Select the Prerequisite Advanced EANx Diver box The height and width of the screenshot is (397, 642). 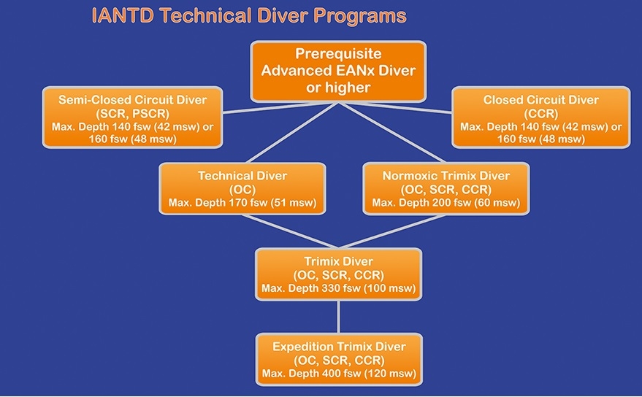point(338,72)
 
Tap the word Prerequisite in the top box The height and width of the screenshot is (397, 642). point(338,53)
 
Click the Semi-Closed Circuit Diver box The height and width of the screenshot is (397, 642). point(133,117)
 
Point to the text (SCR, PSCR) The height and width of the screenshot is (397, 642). point(133,113)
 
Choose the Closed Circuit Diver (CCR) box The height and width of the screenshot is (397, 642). point(541,117)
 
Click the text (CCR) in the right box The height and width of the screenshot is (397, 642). point(541,113)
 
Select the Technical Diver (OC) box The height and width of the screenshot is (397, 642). point(242,189)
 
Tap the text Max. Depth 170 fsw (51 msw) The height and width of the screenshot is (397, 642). point(242,203)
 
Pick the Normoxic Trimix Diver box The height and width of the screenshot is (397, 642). point(446,189)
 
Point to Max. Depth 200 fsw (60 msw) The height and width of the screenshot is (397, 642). point(446,203)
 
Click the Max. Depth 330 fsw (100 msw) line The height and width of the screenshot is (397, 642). point(339,288)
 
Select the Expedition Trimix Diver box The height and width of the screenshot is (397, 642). point(339,360)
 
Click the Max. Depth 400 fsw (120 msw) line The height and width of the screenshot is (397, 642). point(339,373)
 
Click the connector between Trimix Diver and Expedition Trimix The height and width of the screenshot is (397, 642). point(338,317)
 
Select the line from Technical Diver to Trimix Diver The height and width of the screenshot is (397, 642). point(290,231)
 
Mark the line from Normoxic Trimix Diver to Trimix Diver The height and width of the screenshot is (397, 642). point(392,231)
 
